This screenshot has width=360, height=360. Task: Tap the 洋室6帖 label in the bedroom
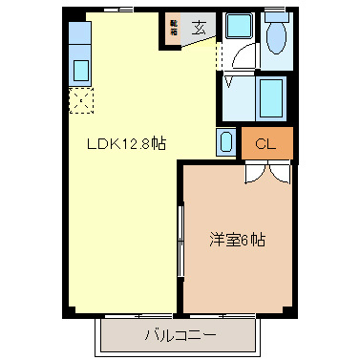point(237,239)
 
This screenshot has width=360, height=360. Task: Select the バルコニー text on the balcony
point(180,336)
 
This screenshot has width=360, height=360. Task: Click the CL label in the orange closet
point(266,144)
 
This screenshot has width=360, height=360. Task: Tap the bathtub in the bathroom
point(271,97)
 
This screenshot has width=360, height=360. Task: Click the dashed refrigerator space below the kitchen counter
point(81,100)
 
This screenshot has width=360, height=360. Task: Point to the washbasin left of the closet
point(225,143)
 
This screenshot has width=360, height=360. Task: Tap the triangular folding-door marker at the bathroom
point(229,82)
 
